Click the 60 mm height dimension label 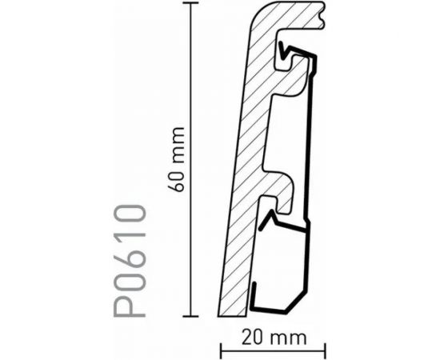point(177,159)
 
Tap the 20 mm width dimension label point(274,338)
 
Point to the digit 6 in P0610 point(130,248)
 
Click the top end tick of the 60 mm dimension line point(190,3)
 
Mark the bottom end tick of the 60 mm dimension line point(190,316)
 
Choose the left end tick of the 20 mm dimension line point(221,350)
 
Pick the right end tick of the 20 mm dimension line point(326,350)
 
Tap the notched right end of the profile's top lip point(322,15)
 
